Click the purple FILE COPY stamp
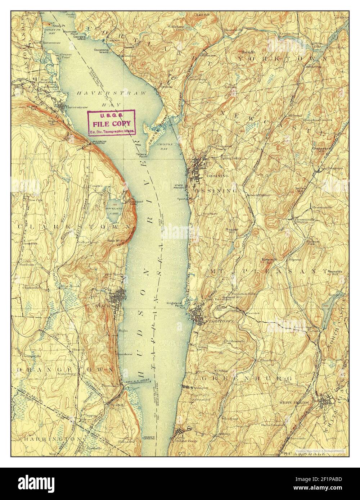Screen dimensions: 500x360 click(112, 123)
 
